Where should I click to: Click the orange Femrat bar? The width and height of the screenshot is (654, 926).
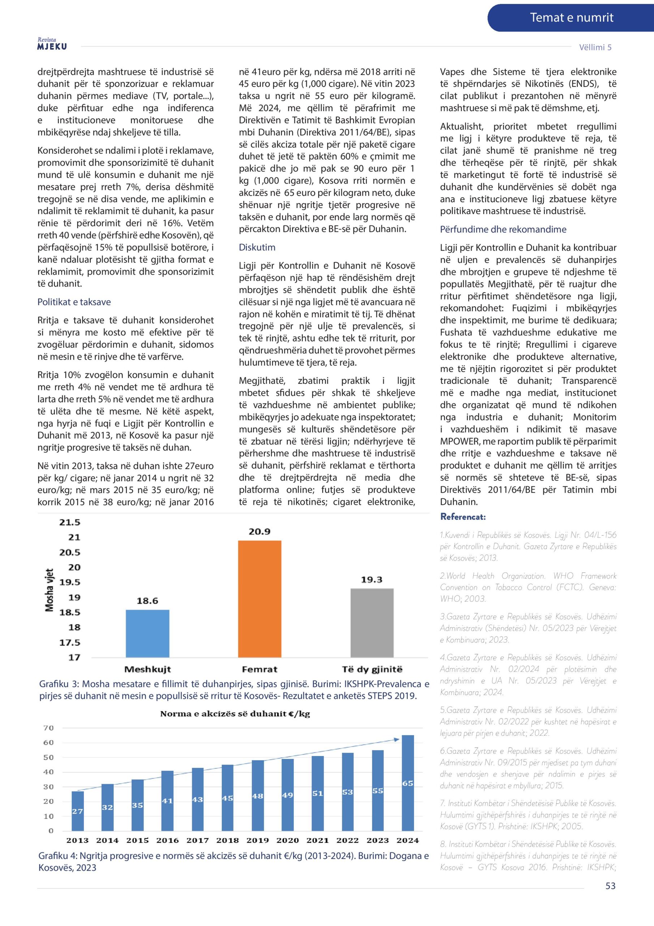click(x=259, y=599)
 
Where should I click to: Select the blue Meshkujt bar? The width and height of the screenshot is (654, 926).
click(x=147, y=633)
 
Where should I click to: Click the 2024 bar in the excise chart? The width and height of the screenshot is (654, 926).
click(x=408, y=782)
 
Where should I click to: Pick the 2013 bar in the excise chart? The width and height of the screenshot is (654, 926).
click(x=78, y=811)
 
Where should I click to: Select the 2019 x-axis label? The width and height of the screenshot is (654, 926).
click(x=258, y=841)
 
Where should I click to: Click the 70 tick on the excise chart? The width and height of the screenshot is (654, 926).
click(x=48, y=728)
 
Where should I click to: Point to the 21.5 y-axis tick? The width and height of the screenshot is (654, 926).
click(x=70, y=522)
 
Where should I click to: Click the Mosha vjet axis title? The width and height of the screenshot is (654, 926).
click(x=49, y=590)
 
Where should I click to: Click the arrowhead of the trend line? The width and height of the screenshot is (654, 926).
click(x=396, y=739)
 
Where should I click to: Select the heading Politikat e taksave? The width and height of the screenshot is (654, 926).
click(x=74, y=302)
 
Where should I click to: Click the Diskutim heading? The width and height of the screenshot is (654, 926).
click(x=257, y=247)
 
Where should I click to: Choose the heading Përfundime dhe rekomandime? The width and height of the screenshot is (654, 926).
click(x=503, y=229)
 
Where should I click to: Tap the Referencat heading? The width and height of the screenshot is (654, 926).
click(x=462, y=517)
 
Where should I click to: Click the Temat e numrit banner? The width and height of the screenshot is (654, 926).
click(x=571, y=18)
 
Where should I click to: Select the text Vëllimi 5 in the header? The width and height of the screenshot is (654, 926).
click(x=595, y=47)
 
